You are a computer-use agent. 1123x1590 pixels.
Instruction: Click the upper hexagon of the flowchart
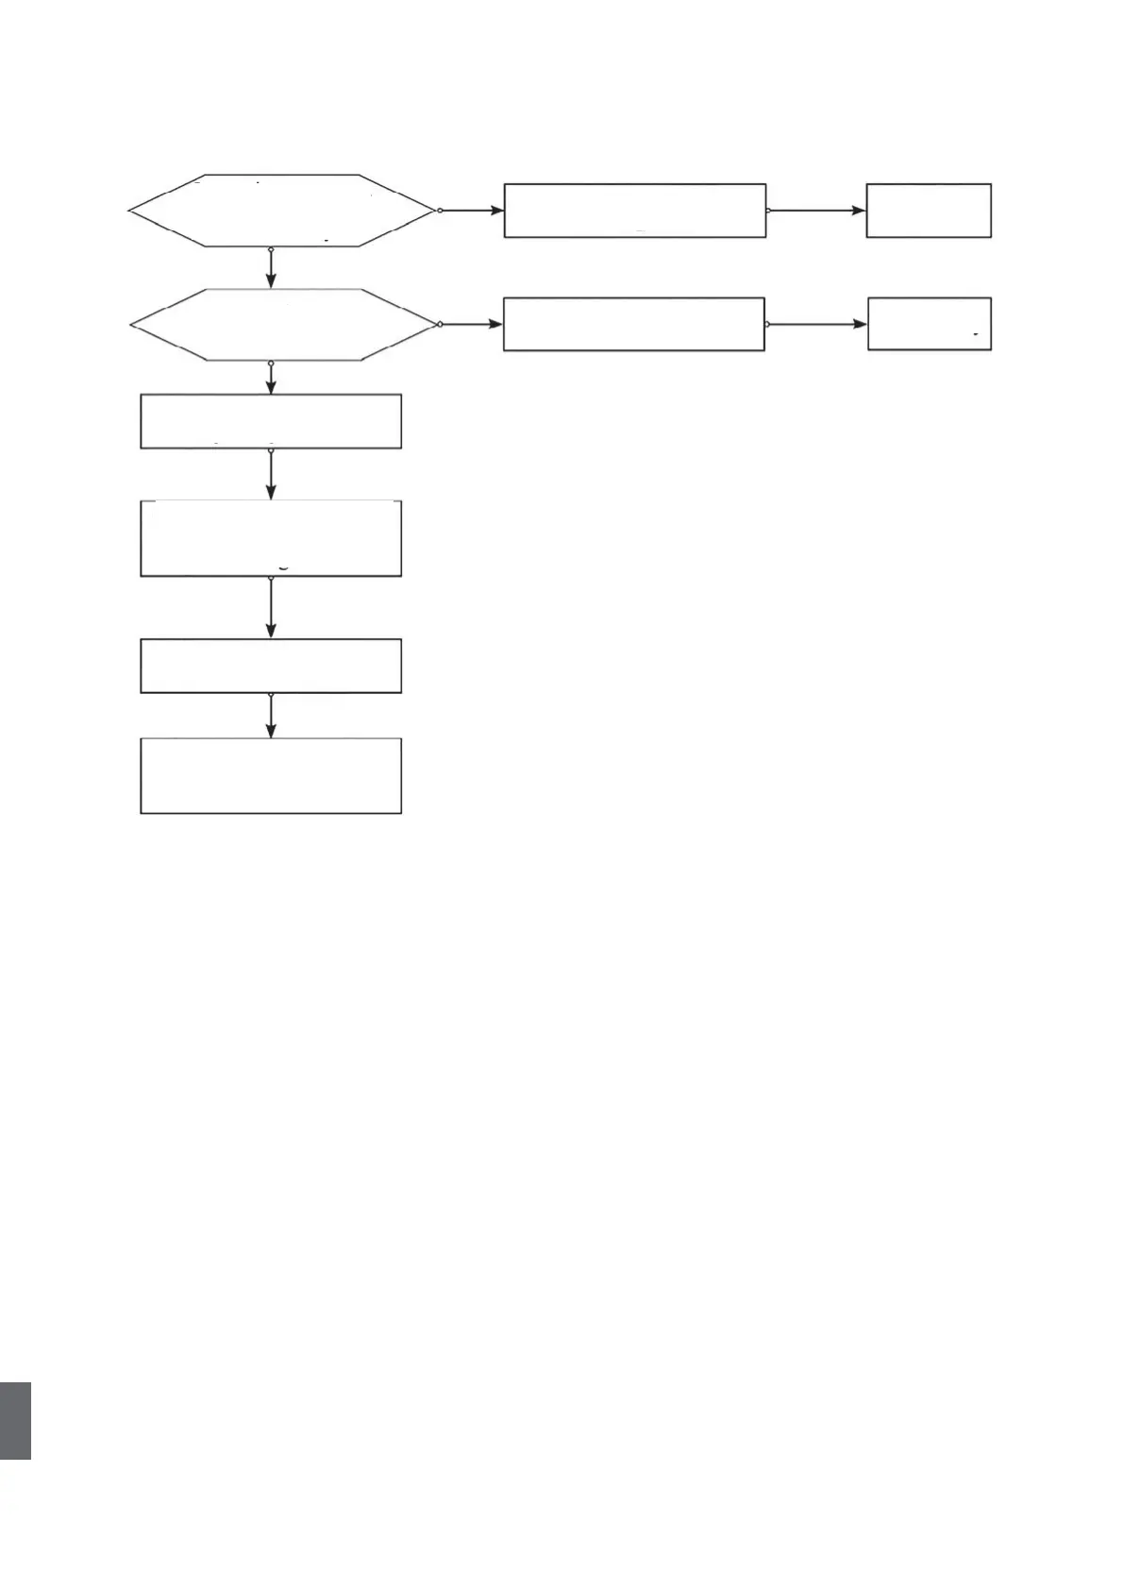tap(281, 211)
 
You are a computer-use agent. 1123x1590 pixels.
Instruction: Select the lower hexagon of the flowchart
tap(284, 325)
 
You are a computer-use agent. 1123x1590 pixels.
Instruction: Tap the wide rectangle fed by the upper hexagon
tap(634, 211)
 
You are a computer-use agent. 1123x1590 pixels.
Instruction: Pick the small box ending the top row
tap(929, 211)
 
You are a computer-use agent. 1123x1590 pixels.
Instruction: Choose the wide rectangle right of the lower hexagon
tap(633, 325)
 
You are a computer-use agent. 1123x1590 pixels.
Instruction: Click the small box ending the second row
tap(930, 324)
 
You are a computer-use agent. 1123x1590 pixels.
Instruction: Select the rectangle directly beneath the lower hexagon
tap(271, 421)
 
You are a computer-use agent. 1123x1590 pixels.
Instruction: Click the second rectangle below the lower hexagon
tap(271, 538)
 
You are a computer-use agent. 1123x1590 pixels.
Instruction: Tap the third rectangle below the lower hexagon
tap(271, 666)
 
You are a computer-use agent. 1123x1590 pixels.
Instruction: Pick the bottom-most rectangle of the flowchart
tap(271, 775)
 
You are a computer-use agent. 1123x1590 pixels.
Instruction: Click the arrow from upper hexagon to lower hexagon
tap(272, 267)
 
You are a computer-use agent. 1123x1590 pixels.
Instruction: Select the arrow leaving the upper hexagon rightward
tap(472, 211)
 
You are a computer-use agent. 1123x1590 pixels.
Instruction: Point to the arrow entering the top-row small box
tap(817, 211)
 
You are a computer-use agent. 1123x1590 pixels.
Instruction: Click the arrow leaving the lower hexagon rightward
tap(472, 325)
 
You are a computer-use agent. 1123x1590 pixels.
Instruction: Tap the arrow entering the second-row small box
tap(817, 324)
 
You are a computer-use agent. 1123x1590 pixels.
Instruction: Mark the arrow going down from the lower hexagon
tap(272, 378)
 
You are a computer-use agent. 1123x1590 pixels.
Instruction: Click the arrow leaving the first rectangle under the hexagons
tap(272, 475)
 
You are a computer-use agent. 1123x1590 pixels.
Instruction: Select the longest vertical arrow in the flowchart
tap(272, 608)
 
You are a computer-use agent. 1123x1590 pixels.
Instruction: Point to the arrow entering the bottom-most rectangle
tap(272, 716)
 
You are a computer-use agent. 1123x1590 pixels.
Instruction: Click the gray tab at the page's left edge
tap(15, 1421)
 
